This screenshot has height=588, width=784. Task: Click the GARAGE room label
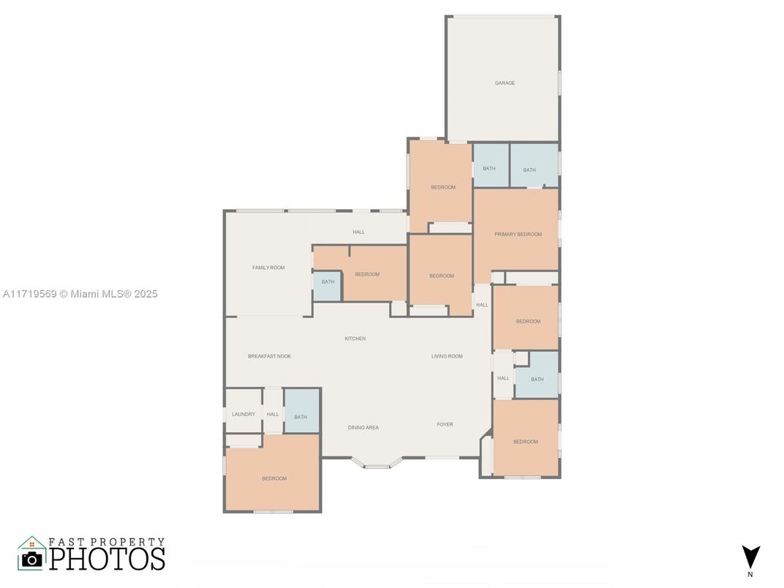505,83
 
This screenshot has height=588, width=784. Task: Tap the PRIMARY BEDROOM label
518,234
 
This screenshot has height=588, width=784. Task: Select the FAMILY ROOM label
268,268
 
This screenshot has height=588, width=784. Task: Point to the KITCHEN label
355,339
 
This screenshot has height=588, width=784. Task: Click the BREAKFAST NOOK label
269,356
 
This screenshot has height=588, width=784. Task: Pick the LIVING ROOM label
447,356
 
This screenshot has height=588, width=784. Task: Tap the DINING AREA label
363,427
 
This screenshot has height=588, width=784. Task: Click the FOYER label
445,424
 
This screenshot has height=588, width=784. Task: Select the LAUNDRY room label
244,414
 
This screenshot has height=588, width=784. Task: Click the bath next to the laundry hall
301,416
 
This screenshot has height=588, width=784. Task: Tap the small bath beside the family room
328,282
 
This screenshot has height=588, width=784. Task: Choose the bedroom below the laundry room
274,478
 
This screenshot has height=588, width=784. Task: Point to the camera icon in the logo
31,559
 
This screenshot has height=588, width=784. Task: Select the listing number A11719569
29,294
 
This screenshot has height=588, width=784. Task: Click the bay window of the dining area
376,464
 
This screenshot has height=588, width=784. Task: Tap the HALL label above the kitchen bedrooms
358,232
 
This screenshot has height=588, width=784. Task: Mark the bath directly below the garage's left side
489,169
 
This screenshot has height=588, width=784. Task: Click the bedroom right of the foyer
525,442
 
